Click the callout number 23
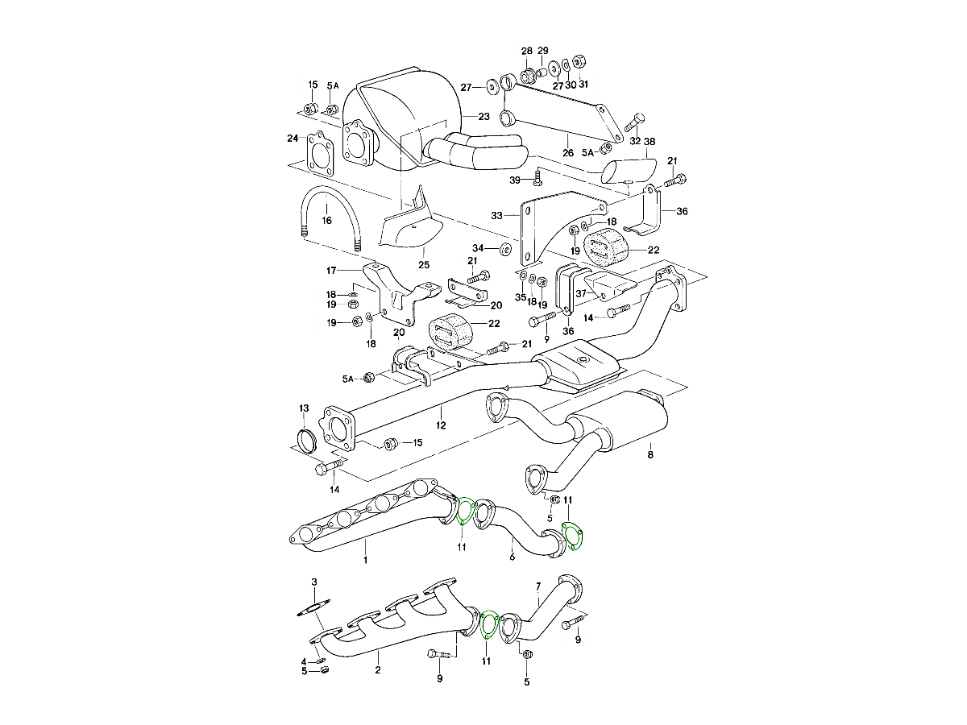coord(483,117)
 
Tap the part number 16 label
coord(326,219)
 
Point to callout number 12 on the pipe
coord(442,424)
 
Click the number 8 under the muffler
coord(650,454)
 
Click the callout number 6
coord(511,556)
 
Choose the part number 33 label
coord(496,215)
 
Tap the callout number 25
coord(424,264)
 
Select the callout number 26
coord(567,153)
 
